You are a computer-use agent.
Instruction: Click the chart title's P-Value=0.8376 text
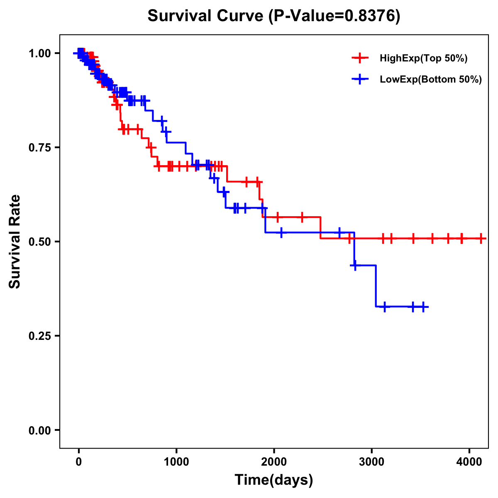(334, 16)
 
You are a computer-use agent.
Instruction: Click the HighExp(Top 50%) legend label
(424, 59)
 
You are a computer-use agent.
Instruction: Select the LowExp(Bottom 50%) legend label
(431, 80)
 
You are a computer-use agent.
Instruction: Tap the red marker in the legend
(360, 58)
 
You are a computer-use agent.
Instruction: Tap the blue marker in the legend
(360, 80)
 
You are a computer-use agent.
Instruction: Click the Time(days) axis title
(274, 480)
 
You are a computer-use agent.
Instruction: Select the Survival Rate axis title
(15, 242)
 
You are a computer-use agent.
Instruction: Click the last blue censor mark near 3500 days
(423, 307)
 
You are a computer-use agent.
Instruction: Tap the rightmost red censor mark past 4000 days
(481, 239)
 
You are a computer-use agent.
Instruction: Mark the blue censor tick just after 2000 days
(281, 232)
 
